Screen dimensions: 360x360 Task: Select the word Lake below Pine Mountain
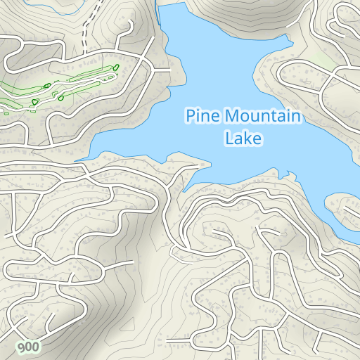(x=243, y=139)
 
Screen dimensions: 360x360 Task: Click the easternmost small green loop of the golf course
(x=116, y=67)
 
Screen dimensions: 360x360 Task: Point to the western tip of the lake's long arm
(x=79, y=160)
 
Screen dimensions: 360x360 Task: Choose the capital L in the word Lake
(x=229, y=139)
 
